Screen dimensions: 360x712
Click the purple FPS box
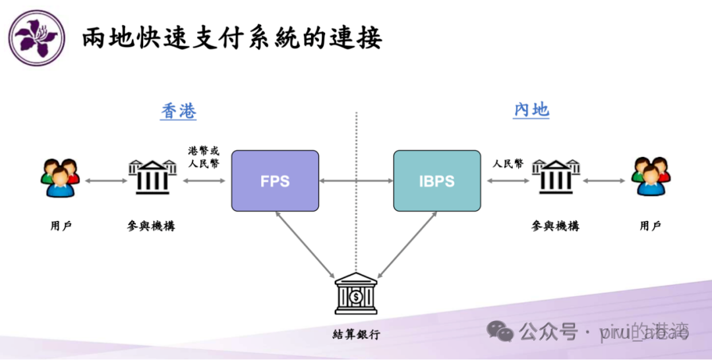point(275,181)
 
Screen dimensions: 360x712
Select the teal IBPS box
point(436,181)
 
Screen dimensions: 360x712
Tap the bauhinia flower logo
point(36,37)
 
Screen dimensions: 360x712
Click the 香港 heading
point(179,111)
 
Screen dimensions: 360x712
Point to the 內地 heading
point(531,109)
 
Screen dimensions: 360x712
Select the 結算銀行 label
point(356,334)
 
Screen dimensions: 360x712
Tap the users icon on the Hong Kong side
point(60,178)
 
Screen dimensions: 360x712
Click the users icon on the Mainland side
point(650,177)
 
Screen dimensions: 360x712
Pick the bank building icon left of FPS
point(152,177)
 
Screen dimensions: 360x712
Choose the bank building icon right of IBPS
point(555,177)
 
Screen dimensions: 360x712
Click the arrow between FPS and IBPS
point(356,180)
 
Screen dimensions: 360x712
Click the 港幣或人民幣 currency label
point(204,157)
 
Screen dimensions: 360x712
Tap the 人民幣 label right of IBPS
point(508,164)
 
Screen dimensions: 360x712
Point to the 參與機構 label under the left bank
point(152,226)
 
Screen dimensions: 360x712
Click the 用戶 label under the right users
point(650,226)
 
